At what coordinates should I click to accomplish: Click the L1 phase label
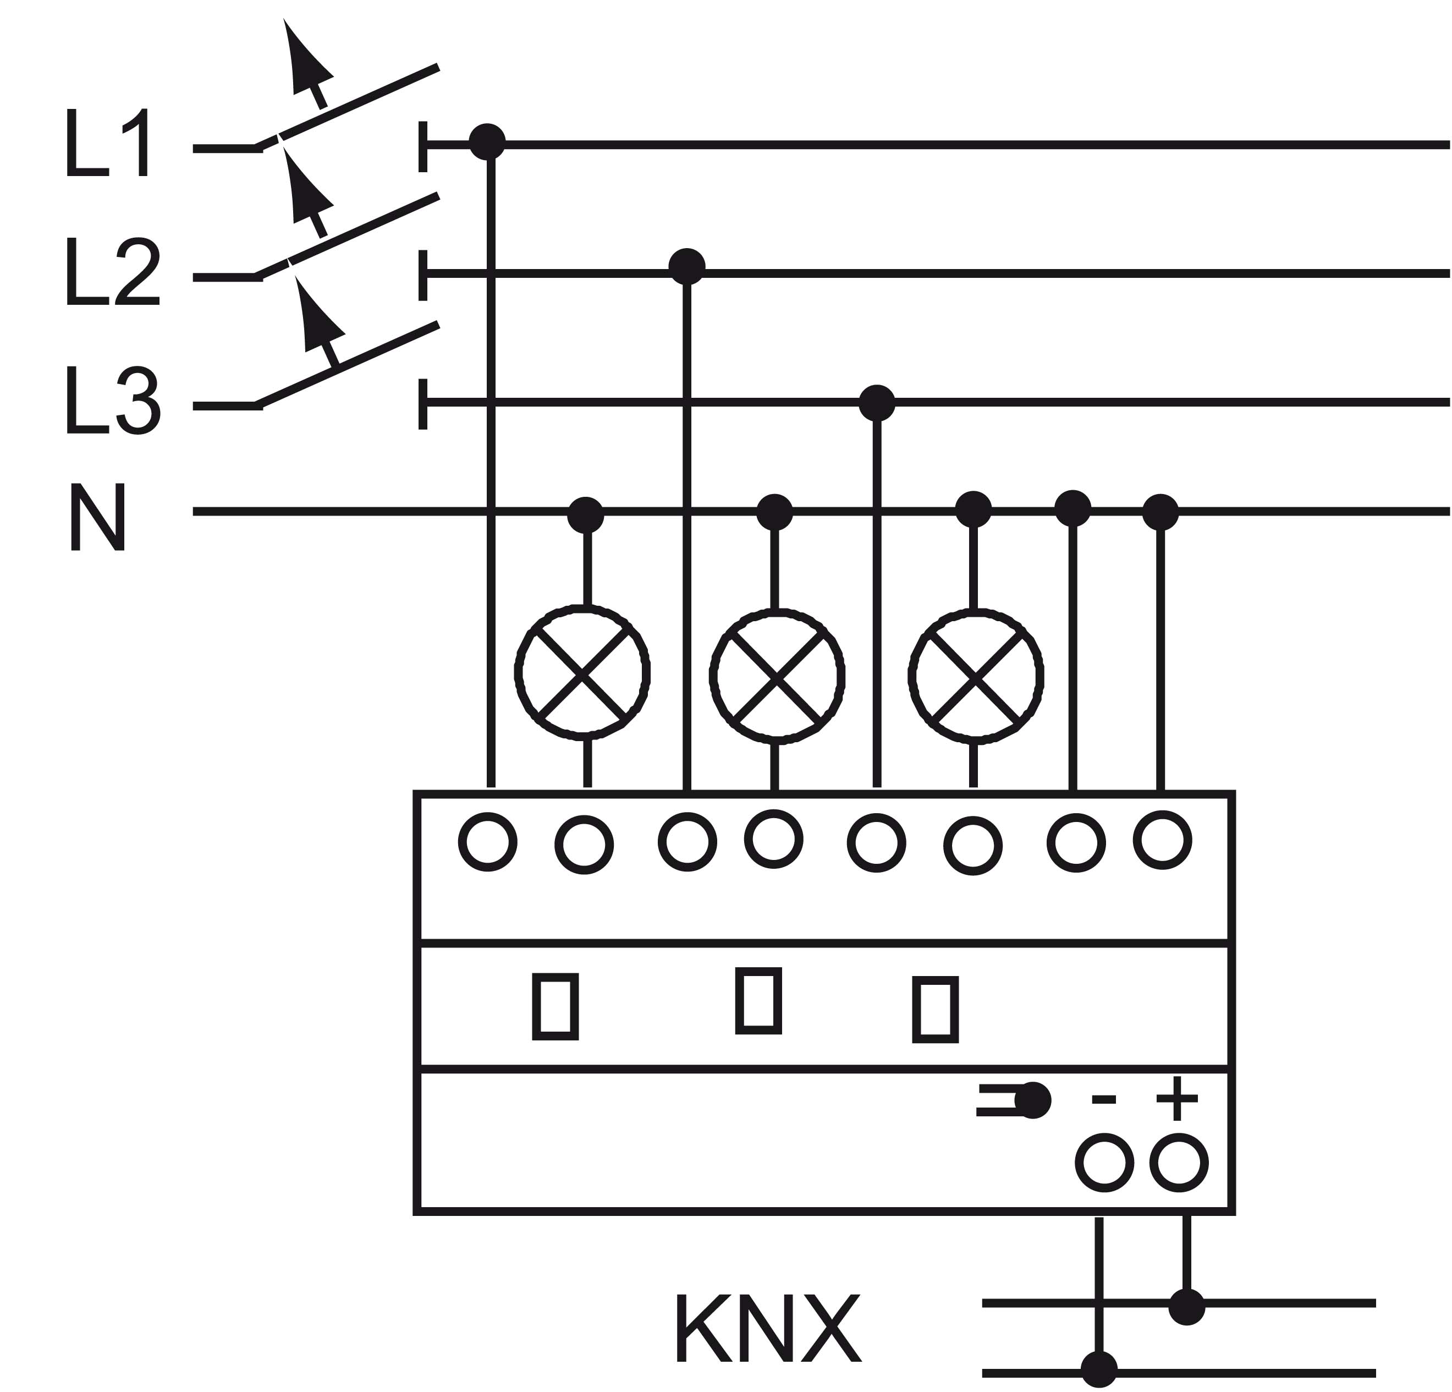[109, 143]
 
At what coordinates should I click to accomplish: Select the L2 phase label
[113, 271]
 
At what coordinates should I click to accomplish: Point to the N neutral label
[98, 517]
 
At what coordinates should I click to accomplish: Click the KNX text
[768, 1328]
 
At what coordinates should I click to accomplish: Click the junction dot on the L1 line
[487, 141]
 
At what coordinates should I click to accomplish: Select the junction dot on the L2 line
[687, 267]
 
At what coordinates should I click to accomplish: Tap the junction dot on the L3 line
[877, 403]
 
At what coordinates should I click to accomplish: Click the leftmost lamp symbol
[583, 673]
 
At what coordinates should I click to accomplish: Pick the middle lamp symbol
[777, 676]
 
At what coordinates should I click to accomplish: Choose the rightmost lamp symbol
[976, 676]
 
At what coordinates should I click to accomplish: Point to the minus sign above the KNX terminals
[1104, 1099]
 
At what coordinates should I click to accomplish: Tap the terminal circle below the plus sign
[1179, 1163]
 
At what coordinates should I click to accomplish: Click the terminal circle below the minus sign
[1104, 1164]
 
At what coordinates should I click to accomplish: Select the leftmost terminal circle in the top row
[487, 842]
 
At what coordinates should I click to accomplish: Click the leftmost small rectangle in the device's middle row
[555, 1006]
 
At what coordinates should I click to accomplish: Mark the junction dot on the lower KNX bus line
[1099, 1369]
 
